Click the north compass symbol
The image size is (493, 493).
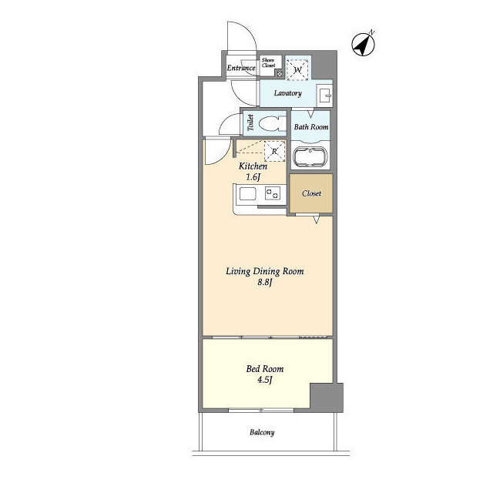pos(364,44)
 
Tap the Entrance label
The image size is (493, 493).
pos(241,69)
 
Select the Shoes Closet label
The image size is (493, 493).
pos(269,64)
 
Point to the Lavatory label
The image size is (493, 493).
pos(287,94)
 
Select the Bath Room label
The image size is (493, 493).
pos(312,127)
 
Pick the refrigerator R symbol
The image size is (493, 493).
pos(274,151)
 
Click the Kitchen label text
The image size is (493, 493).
pos(253,166)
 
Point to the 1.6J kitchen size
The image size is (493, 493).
pos(253,178)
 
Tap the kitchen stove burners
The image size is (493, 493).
pos(272,196)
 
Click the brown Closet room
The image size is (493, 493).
pos(311,193)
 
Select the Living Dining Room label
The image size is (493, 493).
pos(264,271)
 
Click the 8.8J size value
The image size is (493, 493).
pos(265,283)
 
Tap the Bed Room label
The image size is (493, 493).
pos(257,368)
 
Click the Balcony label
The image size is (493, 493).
pos(262,432)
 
